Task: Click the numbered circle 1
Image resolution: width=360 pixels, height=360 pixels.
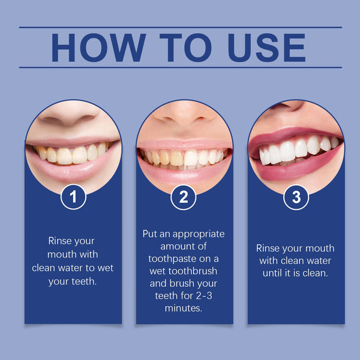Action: pyautogui.click(x=73, y=197)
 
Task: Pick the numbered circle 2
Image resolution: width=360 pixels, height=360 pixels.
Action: pyautogui.click(x=184, y=197)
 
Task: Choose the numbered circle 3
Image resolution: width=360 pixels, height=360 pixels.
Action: pyautogui.click(x=296, y=197)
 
